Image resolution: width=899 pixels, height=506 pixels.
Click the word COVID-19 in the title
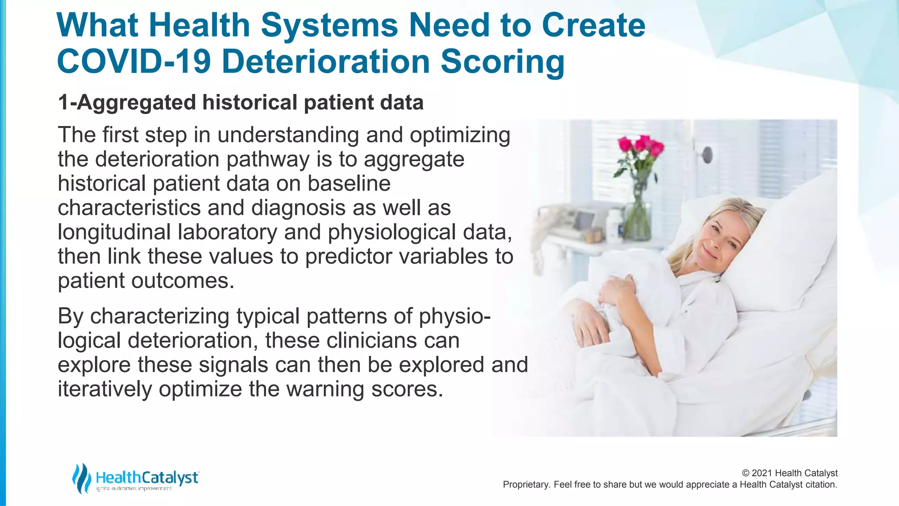134,61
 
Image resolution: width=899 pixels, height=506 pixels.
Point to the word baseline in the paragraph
349,184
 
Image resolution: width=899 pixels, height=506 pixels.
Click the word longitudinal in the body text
114,232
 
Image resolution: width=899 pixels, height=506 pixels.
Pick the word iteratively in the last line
104,389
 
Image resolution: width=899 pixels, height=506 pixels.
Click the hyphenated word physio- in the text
454,317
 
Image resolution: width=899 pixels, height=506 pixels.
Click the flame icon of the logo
81,478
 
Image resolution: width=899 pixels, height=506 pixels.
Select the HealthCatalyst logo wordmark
147,477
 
